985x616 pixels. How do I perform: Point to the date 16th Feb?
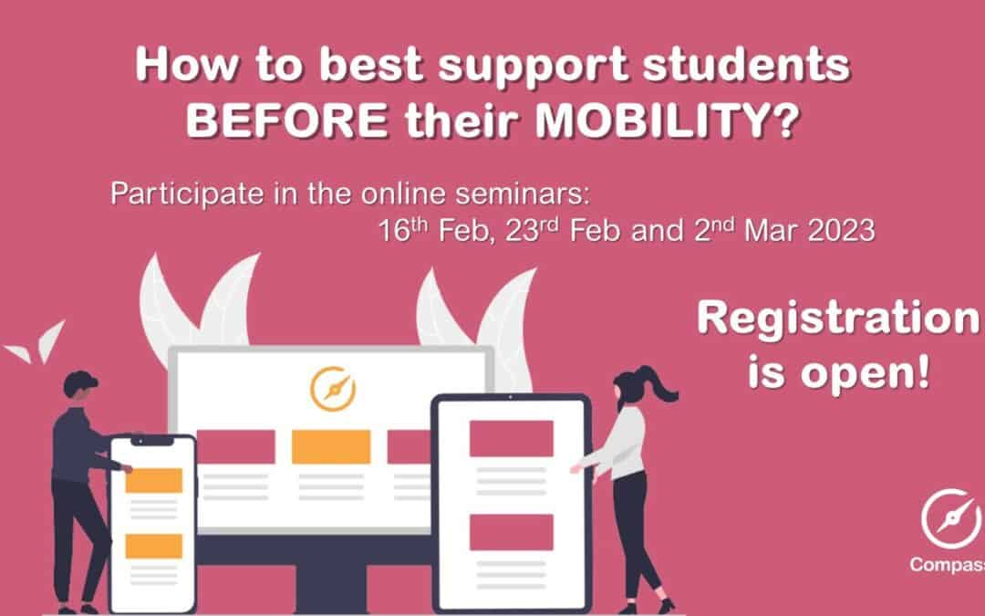coord(425,232)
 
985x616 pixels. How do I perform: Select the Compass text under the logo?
coord(945,565)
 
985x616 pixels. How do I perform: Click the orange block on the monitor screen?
coord(331,446)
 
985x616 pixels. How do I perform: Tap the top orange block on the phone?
coord(153,480)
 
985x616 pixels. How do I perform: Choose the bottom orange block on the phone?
coord(153,546)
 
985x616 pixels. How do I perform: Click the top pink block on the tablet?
coord(511,439)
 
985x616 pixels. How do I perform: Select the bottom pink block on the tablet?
coord(511,532)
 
